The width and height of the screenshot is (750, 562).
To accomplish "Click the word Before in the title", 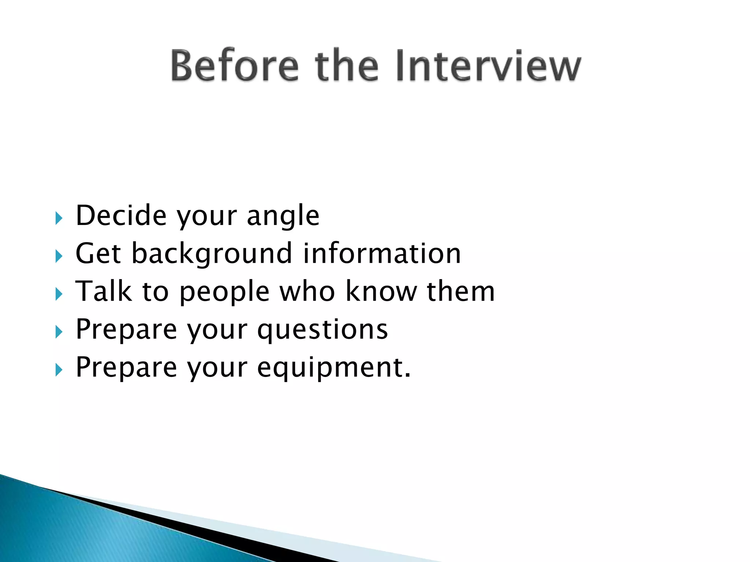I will [234, 66].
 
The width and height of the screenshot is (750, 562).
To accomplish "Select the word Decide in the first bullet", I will [121, 216].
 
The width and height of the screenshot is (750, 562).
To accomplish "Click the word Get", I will [98, 253].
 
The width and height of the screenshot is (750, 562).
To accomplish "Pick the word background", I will [212, 254].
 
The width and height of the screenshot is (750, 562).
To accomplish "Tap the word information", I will [382, 253].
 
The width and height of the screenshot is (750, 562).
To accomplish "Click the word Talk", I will [104, 291].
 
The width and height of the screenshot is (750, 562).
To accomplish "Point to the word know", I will [381, 291].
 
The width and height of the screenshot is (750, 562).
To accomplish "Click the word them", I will [461, 291].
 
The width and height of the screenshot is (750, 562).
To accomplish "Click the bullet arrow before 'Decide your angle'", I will [59, 218].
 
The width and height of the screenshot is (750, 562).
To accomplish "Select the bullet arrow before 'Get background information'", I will [59, 256].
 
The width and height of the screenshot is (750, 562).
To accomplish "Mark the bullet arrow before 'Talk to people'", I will [59, 294].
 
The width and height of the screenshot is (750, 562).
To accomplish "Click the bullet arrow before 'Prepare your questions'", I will [59, 332].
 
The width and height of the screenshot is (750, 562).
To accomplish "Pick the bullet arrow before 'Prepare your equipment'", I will [59, 370].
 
